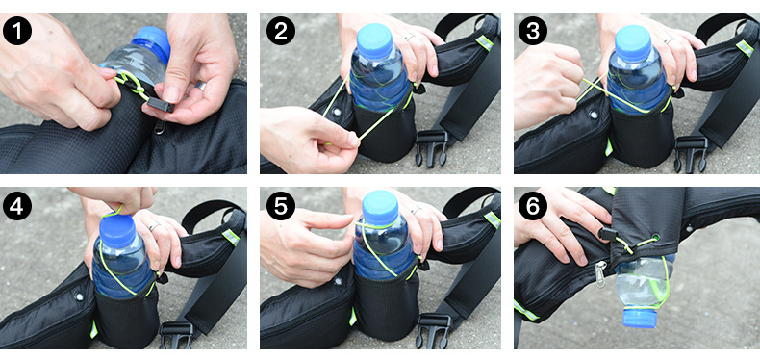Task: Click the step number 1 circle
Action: coord(17,31)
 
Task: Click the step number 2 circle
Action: coord(281,31)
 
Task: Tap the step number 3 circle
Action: coord(533,31)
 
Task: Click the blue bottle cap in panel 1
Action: coord(151,42)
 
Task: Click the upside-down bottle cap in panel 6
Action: coord(640,318)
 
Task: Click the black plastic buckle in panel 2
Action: coord(431,147)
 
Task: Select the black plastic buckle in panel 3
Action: coord(691,153)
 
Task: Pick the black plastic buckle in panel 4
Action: coord(176,335)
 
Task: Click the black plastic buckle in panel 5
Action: coord(434,331)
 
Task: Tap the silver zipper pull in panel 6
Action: coord(601,273)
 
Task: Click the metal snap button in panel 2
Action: coord(337,112)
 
